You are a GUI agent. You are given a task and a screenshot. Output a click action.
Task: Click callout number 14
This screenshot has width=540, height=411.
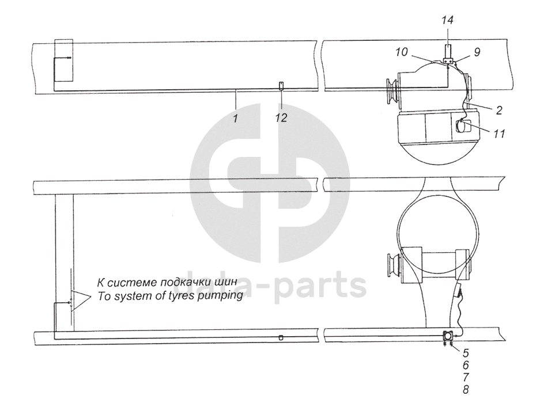[x=448, y=20]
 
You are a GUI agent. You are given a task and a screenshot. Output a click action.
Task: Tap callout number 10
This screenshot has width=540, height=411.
[x=402, y=52]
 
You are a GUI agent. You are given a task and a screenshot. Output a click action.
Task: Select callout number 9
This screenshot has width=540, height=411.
[x=477, y=52]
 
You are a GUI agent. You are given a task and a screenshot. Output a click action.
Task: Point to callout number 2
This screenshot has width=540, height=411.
[x=499, y=110]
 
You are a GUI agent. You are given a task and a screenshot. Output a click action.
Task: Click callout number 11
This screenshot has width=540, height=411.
[x=499, y=133]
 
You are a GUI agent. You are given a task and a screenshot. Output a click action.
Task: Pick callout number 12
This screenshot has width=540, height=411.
[x=281, y=117]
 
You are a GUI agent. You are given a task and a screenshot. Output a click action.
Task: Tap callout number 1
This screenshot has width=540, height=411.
[x=236, y=119]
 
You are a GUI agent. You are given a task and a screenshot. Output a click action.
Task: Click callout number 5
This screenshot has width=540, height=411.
[x=466, y=352]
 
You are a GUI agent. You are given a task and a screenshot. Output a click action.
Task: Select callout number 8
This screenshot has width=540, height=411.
[x=466, y=389]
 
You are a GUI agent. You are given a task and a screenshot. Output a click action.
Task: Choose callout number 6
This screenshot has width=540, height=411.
[x=466, y=364]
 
